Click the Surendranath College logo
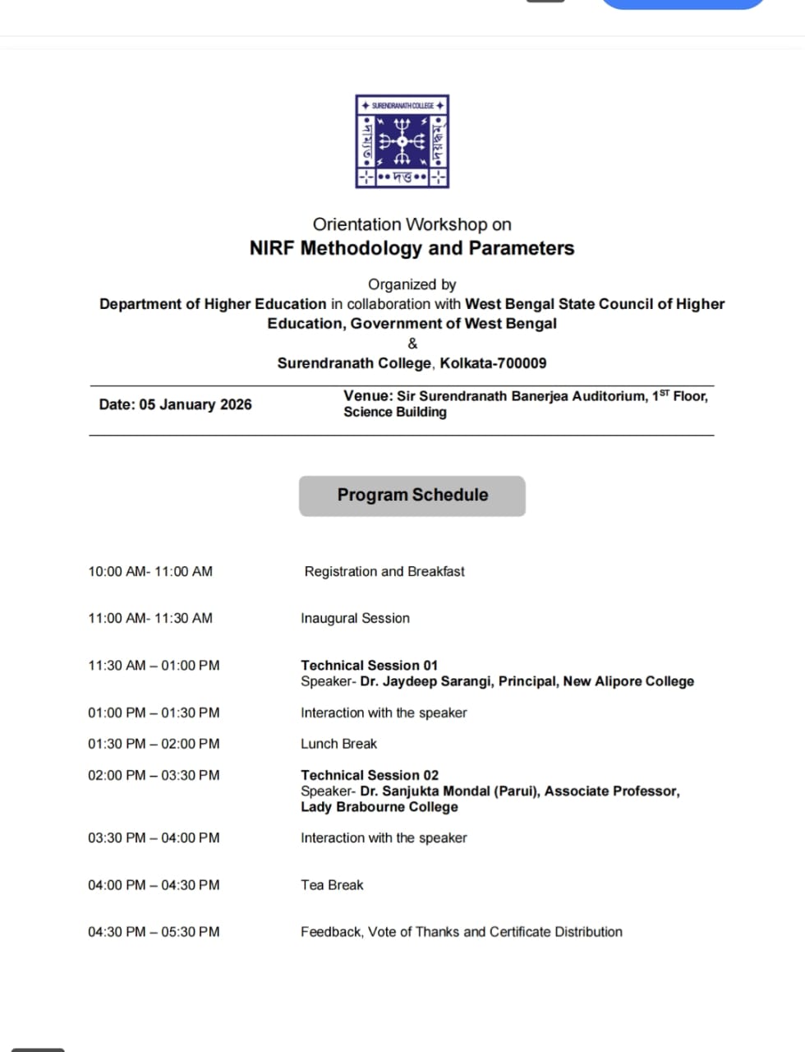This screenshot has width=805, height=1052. point(402,141)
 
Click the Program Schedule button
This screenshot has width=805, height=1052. point(412,496)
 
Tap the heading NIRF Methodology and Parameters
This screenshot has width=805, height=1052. point(412,248)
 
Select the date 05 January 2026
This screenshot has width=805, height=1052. point(195,404)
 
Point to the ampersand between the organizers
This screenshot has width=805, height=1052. point(412,344)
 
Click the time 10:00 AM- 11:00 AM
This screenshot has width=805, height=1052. point(150,571)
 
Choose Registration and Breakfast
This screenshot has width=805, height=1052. point(384,571)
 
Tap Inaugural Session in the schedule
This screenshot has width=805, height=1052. point(355,618)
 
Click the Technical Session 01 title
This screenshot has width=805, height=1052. point(369,665)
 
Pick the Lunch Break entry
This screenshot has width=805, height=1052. point(338,744)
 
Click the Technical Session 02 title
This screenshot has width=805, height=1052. point(370,775)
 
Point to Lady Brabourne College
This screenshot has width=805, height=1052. point(379,807)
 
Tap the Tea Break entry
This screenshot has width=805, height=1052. point(332,885)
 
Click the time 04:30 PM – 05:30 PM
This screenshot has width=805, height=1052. point(154,932)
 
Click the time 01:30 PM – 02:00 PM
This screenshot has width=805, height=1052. point(154,744)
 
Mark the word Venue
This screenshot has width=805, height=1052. point(366,396)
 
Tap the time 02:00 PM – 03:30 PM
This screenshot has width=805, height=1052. point(154,775)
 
